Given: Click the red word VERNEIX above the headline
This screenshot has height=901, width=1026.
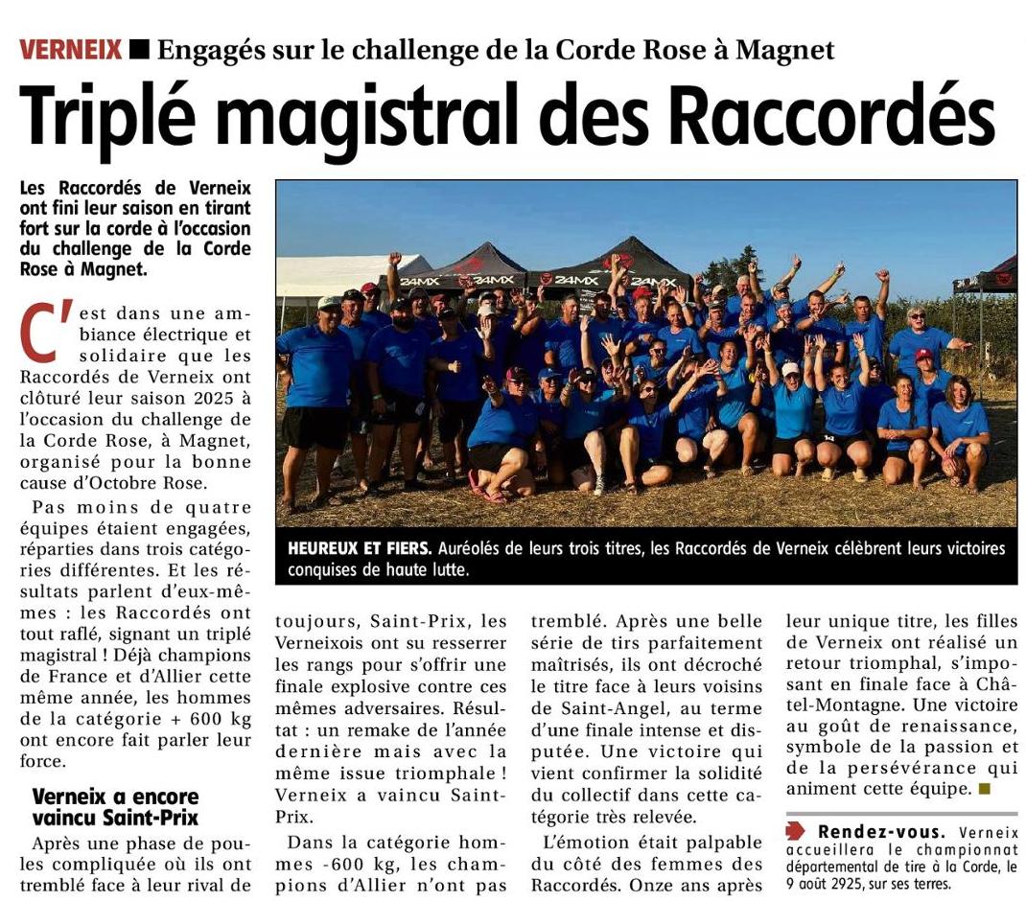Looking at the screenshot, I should coord(70,49).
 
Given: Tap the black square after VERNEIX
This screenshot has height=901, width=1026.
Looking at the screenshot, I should coord(139,49).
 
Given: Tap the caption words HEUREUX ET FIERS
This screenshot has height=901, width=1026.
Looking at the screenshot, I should coord(360,549).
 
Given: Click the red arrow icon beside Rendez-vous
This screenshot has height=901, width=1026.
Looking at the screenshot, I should coord(795,831).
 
